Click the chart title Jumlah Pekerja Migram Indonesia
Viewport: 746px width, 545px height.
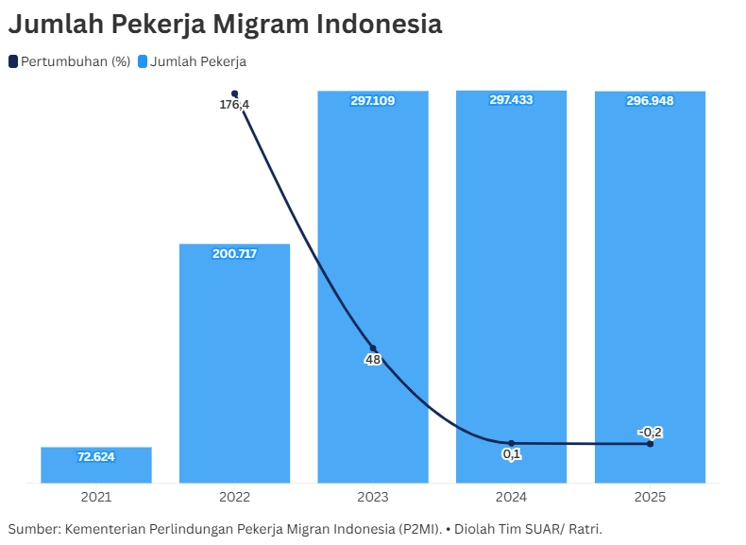click(x=225, y=25)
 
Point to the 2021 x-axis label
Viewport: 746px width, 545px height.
click(x=96, y=497)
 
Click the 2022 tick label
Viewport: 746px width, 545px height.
click(x=234, y=497)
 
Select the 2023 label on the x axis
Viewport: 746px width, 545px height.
click(x=373, y=497)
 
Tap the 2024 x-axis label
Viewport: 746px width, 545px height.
click(x=511, y=497)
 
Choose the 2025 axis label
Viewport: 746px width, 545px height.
click(x=650, y=497)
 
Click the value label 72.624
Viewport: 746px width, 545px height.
click(x=96, y=457)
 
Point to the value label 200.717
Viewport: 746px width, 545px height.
click(x=234, y=254)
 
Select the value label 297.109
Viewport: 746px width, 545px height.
click(x=373, y=100)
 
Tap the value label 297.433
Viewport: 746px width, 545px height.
click(x=511, y=100)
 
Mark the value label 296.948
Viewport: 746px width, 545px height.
click(x=650, y=101)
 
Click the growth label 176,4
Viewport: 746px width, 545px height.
click(x=234, y=105)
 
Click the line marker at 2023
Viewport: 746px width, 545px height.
click(x=373, y=349)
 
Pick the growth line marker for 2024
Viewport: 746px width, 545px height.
click(x=511, y=443)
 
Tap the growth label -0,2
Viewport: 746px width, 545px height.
click(x=650, y=433)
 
